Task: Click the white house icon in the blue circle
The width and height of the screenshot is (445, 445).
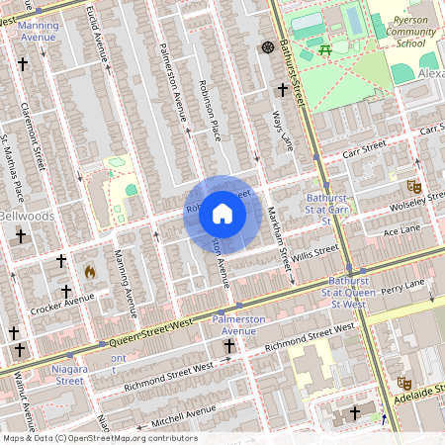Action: pyautogui.click(x=222, y=214)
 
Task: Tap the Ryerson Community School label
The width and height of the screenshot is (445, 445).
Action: pyautogui.click(x=409, y=30)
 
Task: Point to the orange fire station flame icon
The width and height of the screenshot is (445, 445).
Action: pyautogui.click(x=90, y=270)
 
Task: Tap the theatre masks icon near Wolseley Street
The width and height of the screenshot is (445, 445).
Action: pyautogui.click(x=414, y=186)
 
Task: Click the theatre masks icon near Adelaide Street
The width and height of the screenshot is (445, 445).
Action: pyautogui.click(x=403, y=382)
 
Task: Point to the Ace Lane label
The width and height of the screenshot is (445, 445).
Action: pyautogui.click(x=402, y=229)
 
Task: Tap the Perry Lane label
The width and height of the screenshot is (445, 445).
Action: pyautogui.click(x=402, y=287)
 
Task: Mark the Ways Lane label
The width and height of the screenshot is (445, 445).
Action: pyautogui.click(x=282, y=131)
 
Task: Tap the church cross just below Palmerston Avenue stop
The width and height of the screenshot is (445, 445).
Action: pyautogui.click(x=229, y=346)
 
